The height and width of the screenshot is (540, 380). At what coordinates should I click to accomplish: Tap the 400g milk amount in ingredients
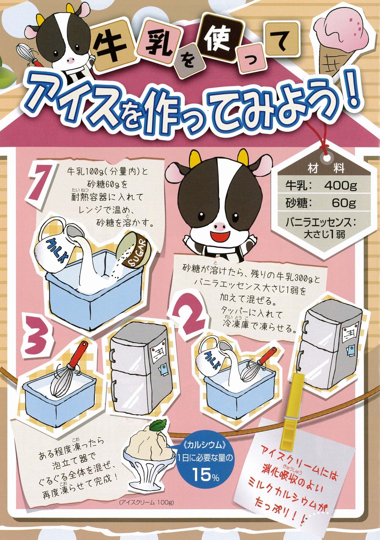[340, 185]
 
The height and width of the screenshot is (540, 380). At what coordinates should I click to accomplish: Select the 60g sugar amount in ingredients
[344, 203]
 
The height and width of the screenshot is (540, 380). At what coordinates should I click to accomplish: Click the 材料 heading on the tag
[326, 168]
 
